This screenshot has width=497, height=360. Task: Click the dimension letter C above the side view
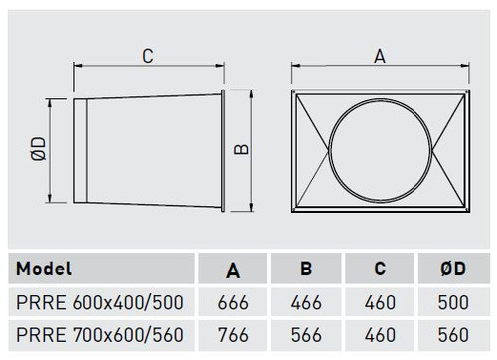click(x=148, y=56)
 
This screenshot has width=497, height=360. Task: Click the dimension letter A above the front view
click(x=380, y=56)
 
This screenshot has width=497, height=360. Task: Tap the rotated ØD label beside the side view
click(x=39, y=149)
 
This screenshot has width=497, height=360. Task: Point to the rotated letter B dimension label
click(x=241, y=149)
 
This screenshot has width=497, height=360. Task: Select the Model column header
click(x=44, y=269)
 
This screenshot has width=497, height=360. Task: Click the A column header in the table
click(x=233, y=270)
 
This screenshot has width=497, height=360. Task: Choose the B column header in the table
click(x=306, y=269)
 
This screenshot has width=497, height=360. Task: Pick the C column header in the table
click(x=380, y=269)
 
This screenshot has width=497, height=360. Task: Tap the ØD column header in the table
click(x=453, y=269)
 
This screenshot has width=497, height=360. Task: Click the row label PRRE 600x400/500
click(x=99, y=302)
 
